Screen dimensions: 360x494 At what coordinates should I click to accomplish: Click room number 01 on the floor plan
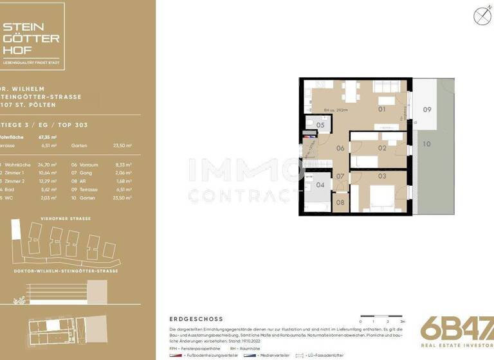381,109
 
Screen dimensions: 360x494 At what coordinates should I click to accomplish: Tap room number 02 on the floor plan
381,148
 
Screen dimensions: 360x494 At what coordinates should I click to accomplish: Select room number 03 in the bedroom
381,176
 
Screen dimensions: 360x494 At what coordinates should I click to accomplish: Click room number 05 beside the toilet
320,125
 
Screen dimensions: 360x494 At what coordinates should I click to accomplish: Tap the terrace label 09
426,109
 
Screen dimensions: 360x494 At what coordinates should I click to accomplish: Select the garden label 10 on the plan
426,144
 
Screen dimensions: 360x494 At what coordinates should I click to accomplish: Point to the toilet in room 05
309,123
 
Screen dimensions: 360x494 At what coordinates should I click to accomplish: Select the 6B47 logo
457,327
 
